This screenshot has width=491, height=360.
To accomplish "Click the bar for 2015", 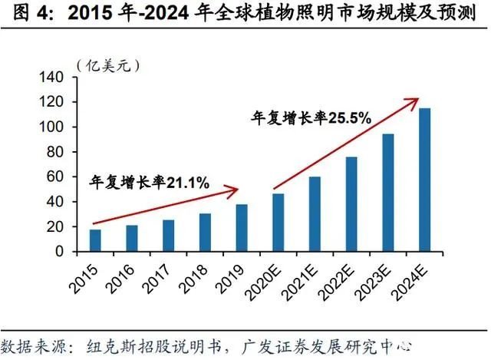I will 95,240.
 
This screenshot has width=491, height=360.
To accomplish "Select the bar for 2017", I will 168,236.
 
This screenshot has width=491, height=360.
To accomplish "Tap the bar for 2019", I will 242,228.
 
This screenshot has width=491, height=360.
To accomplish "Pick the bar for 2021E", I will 315,214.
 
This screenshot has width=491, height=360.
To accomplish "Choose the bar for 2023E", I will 389,193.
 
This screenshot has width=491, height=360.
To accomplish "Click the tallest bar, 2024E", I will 425,180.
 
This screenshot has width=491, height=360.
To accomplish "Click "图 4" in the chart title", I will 22,13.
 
